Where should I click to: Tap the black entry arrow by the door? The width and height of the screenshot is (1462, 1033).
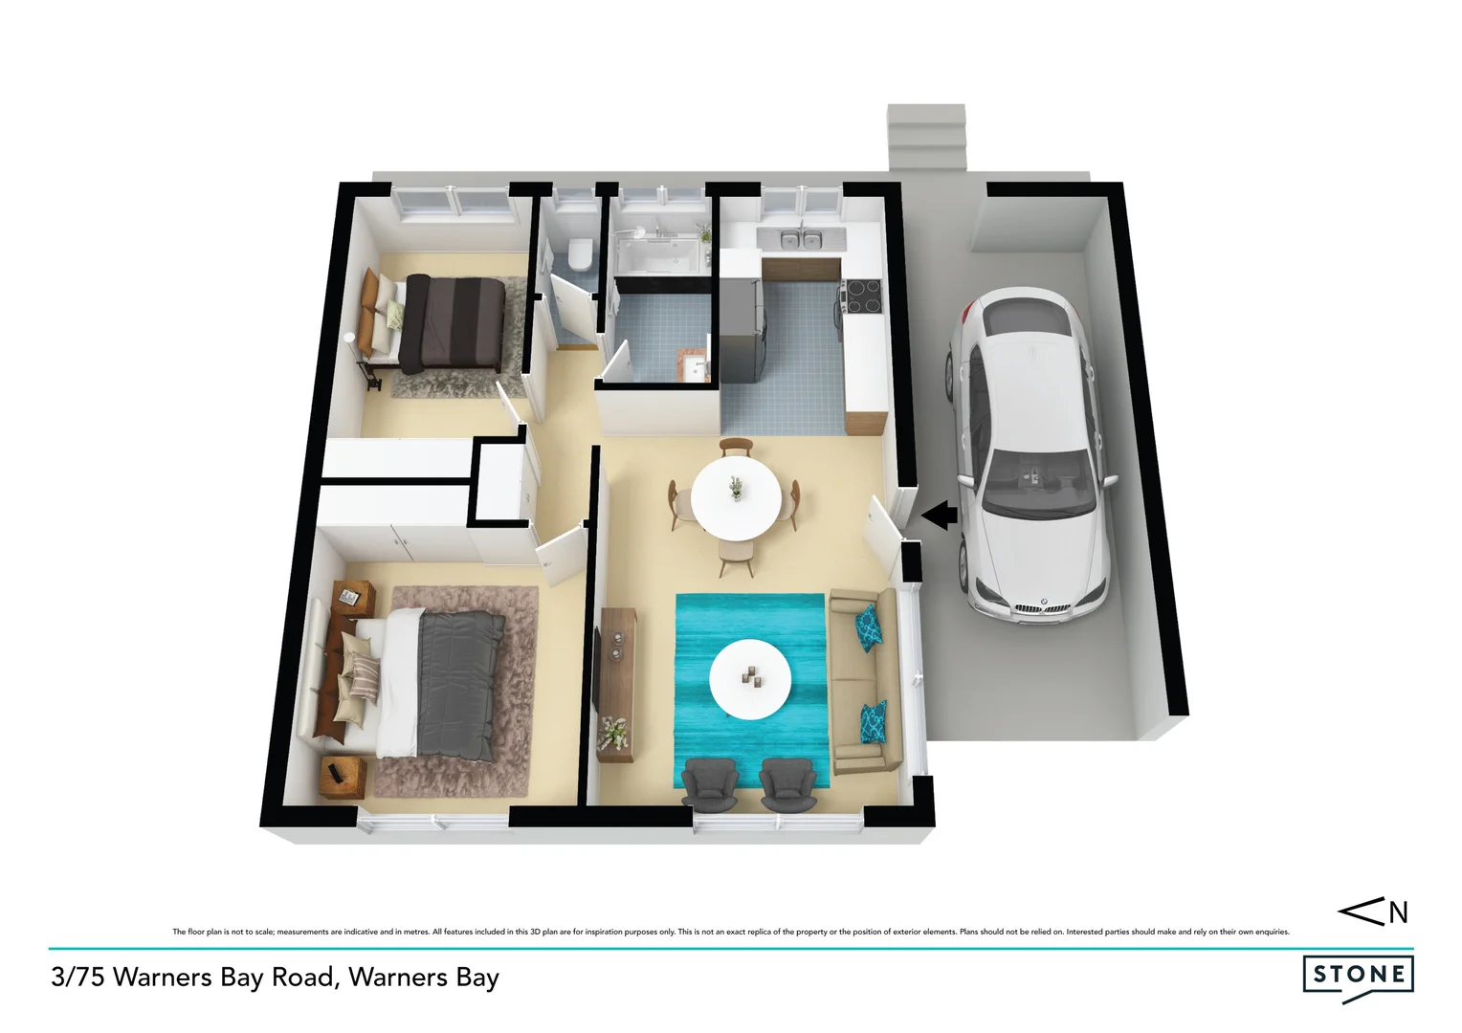941,516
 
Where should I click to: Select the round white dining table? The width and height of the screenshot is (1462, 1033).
735,497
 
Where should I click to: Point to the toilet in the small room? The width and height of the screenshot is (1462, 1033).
578,253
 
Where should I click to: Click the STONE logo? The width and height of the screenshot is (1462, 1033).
1358,976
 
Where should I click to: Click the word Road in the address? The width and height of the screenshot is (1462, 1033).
301,978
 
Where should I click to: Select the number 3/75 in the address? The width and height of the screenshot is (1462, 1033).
76,978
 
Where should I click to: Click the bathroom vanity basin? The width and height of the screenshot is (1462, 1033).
692,364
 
